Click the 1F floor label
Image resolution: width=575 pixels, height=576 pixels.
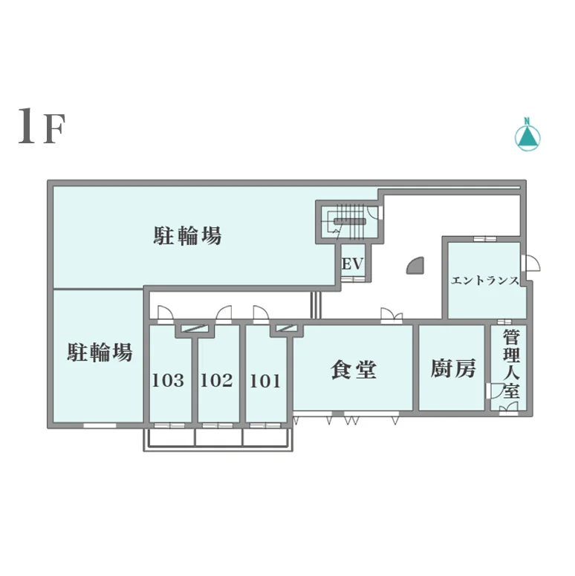[42, 126]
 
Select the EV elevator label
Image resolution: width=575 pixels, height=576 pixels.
[353, 264]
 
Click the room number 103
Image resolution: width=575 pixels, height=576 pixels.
[168, 380]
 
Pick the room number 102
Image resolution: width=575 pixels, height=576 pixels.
[216, 380]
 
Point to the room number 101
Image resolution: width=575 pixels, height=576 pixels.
[265, 381]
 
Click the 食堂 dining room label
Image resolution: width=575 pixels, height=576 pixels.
[354, 369]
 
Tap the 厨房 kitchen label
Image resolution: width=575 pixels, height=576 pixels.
[453, 368]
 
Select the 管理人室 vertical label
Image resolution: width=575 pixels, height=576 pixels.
[511, 364]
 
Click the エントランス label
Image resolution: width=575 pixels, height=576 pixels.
[485, 281]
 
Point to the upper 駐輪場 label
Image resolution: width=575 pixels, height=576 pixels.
[187, 235]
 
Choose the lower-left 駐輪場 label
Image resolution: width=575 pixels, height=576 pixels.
[100, 352]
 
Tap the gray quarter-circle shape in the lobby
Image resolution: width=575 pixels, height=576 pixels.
[415, 266]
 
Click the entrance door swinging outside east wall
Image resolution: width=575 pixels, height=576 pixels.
[531, 264]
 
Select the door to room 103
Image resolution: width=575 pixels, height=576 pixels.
[165, 314]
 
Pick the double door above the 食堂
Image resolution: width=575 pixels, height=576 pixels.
[392, 316]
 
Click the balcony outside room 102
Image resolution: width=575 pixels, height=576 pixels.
[218, 437]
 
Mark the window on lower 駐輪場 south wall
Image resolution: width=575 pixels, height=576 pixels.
[100, 425]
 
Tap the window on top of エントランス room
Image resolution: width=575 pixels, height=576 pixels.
[485, 239]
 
